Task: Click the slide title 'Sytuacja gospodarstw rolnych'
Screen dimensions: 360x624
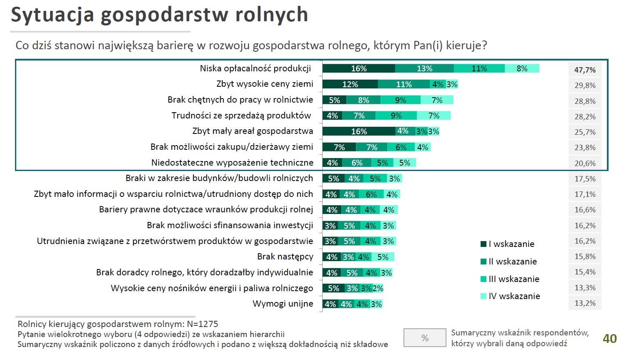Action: pyautogui.click(x=159, y=15)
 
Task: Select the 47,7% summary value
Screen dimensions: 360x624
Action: pyautogui.click(x=585, y=70)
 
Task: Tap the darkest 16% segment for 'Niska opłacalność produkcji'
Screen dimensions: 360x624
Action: pyautogui.click(x=358, y=68)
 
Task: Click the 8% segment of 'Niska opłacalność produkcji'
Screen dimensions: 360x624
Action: pyautogui.click(x=522, y=68)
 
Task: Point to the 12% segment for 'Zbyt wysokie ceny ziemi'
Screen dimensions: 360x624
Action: pyautogui.click(x=350, y=84)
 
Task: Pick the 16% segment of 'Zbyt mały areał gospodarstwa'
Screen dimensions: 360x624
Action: pyautogui.click(x=359, y=131)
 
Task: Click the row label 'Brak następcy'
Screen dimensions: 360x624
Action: pyautogui.click(x=285, y=257)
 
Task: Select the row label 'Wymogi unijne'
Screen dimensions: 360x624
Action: pyautogui.click(x=283, y=304)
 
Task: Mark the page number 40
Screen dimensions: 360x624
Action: pyautogui.click(x=609, y=338)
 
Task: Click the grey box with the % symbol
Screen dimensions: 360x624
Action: pyautogui.click(x=425, y=338)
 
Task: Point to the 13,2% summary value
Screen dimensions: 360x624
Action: pyautogui.click(x=585, y=303)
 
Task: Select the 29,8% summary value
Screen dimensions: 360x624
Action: pyautogui.click(x=585, y=86)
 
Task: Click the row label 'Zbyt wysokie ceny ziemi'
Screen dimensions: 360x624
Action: pyautogui.click(x=265, y=84)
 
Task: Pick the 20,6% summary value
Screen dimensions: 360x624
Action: pyautogui.click(x=585, y=163)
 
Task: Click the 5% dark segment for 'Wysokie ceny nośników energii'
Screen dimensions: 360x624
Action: pyautogui.click(x=333, y=288)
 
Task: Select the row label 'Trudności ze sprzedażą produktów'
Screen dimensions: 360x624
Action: pyautogui.click(x=241, y=116)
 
